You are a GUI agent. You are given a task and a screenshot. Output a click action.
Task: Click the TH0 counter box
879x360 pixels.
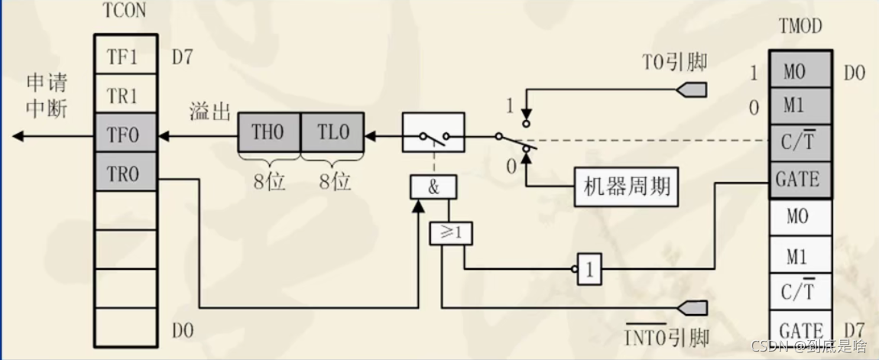(268, 133)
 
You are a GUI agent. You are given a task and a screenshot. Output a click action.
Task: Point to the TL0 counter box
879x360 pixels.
(332, 133)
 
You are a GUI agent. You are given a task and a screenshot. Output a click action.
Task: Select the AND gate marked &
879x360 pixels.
(433, 187)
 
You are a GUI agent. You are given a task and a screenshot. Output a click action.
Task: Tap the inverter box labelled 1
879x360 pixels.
(589, 268)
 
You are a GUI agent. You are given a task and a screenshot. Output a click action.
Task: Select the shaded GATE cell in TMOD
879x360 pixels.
(797, 180)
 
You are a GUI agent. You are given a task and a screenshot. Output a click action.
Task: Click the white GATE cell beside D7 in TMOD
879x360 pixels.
(797, 330)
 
